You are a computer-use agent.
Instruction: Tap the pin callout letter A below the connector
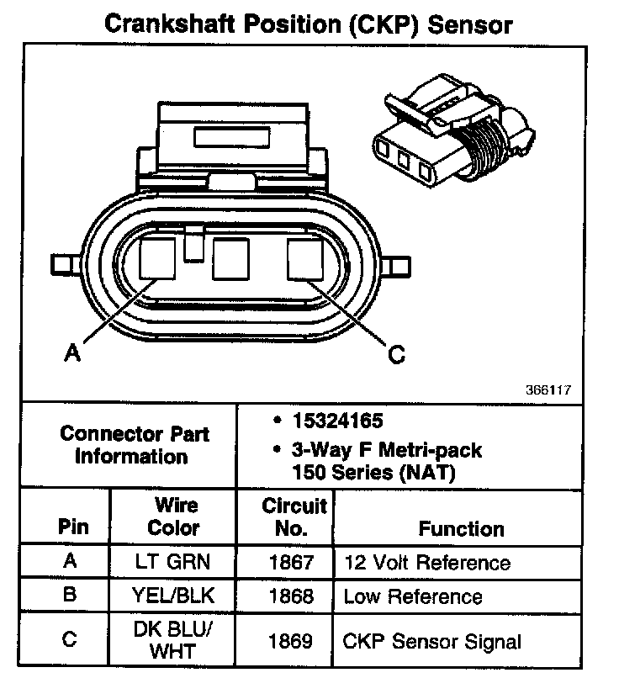click(x=73, y=354)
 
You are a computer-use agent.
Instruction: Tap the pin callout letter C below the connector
click(x=396, y=354)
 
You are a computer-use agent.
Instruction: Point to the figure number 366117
click(x=549, y=390)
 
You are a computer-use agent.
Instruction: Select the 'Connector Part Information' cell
click(x=135, y=445)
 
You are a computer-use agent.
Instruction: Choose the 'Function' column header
click(x=461, y=529)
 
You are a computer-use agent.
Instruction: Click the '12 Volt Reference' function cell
click(x=427, y=562)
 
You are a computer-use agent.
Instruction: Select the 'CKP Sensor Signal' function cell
click(x=432, y=642)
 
